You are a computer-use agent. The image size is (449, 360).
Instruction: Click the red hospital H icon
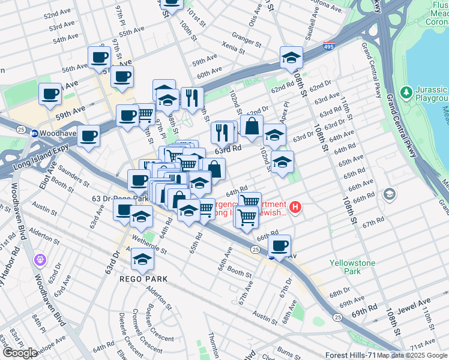pyautogui.click(x=295, y=208)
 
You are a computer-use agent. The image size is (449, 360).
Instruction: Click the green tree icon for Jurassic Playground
pyautogui.click(x=407, y=92)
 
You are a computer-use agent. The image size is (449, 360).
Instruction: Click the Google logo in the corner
pyautogui.click(x=19, y=353)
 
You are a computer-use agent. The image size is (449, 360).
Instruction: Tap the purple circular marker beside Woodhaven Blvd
pyautogui.click(x=40, y=260)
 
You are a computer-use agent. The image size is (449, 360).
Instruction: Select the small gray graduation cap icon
pyautogui.click(x=390, y=194)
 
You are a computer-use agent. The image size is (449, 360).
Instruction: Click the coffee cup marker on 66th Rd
pyautogui.click(x=280, y=245)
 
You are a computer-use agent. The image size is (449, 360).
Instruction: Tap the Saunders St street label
pyautogui.click(x=74, y=176)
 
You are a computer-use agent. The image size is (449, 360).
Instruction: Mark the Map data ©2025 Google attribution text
pyautogui.click(x=411, y=355)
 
